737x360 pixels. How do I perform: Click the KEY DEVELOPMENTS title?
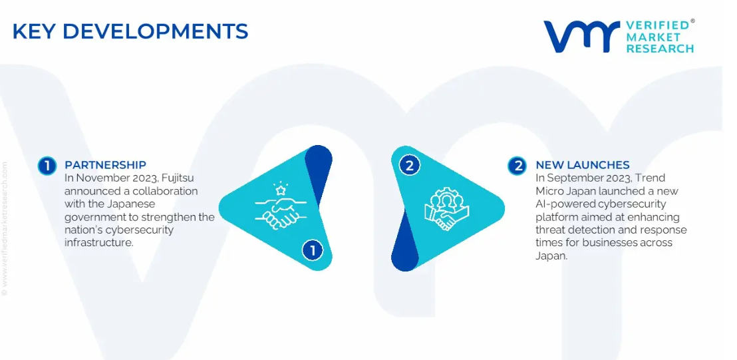click(130, 31)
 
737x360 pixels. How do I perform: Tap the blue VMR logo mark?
click(582, 36)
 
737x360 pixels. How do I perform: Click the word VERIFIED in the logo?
click(658, 25)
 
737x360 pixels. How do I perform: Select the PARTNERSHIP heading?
click(105, 165)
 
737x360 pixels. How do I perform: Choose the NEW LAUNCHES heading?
click(583, 165)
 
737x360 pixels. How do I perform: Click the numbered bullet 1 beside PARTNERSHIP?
click(47, 166)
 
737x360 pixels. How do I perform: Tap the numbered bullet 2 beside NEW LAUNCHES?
click(517, 166)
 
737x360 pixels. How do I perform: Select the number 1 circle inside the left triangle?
click(313, 250)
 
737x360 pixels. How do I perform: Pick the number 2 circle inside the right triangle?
click(409, 166)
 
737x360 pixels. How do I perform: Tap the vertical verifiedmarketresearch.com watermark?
click(5, 228)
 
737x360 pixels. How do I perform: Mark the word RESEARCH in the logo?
click(660, 48)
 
